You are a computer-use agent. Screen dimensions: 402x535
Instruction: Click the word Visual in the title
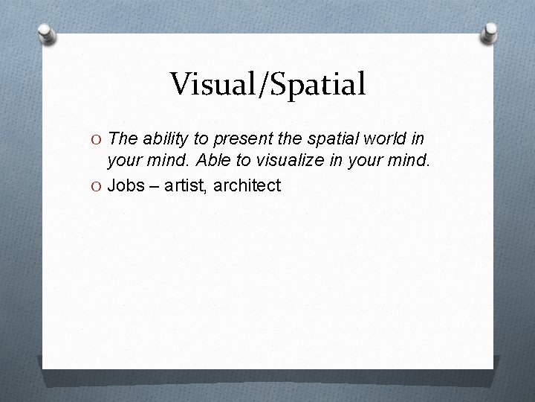(211, 84)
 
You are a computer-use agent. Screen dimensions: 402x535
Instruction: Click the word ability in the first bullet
(161, 139)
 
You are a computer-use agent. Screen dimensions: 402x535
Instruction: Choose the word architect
(247, 185)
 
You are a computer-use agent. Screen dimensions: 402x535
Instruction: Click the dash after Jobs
(153, 185)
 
